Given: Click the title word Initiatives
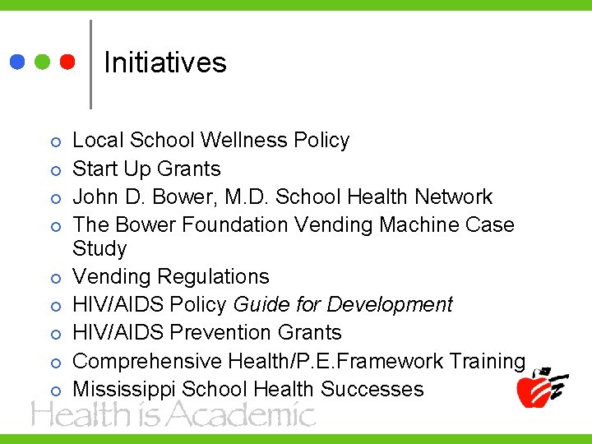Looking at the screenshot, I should tap(165, 62).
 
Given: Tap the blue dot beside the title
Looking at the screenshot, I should tap(17, 62).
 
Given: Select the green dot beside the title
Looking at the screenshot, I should tap(43, 62).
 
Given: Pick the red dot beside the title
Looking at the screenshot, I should tap(67, 62).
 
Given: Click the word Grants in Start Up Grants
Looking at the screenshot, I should tap(190, 169).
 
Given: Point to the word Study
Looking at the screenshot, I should tap(99, 248).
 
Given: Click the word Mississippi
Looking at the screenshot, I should tap(124, 389).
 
